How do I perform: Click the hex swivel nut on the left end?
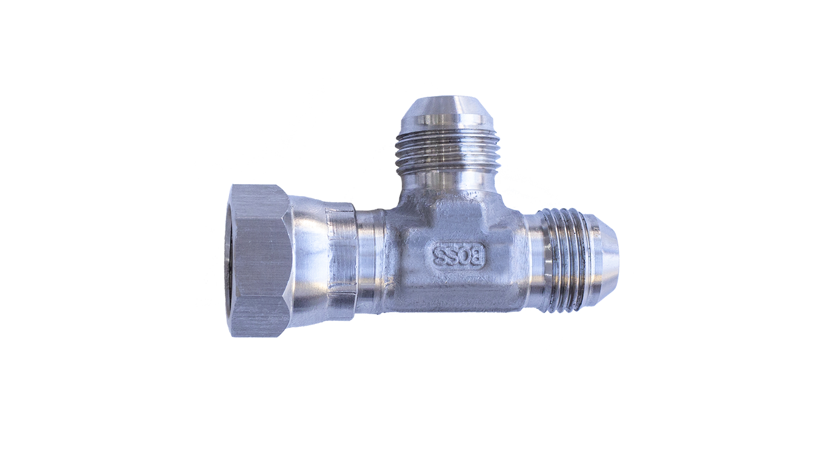tap(259, 260)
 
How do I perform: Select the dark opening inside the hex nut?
tap(235, 260)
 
